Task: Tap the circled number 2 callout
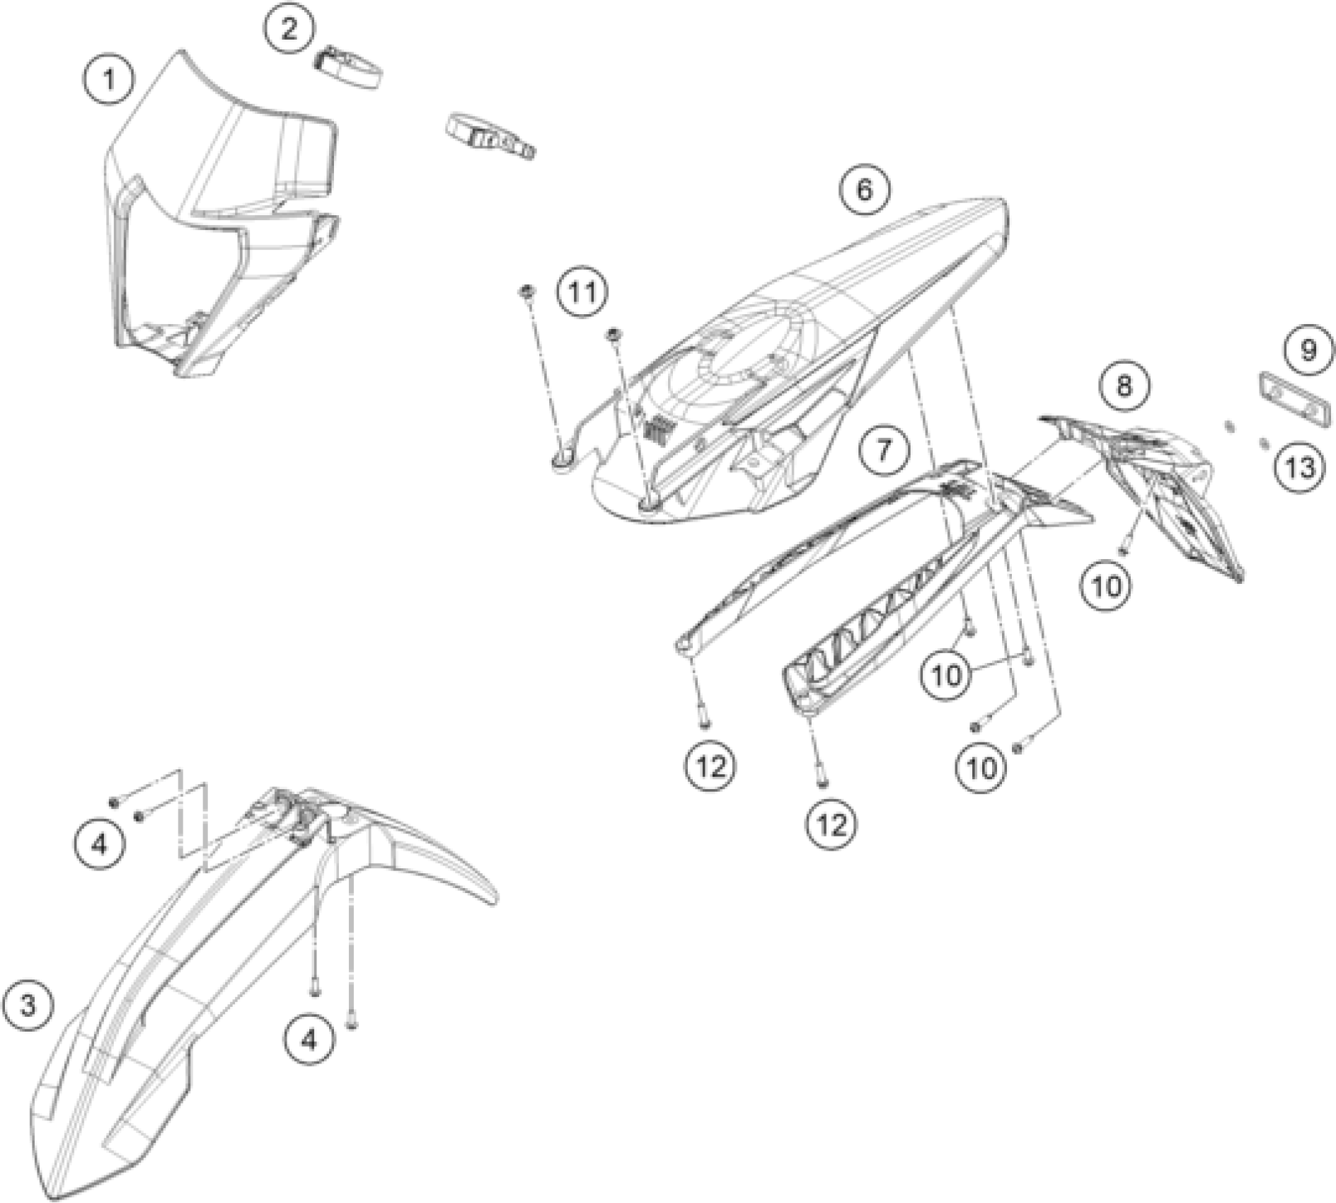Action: pyautogui.click(x=289, y=30)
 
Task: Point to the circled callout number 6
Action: pyautogui.click(x=865, y=190)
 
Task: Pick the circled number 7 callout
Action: pyautogui.click(x=883, y=451)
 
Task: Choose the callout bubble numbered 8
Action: pyautogui.click(x=1124, y=386)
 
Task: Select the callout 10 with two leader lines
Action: pyautogui.click(x=947, y=675)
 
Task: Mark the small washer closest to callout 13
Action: pyautogui.click(x=1265, y=444)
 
